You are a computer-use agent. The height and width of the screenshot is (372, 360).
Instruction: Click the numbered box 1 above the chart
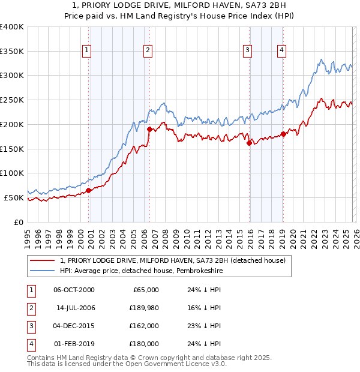pos(88,51)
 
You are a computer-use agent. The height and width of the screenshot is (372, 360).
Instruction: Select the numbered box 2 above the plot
pos(148,51)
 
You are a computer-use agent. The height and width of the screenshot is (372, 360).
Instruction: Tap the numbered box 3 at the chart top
pos(247,51)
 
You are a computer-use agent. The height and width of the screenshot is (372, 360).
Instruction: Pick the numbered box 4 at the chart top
pos(281,51)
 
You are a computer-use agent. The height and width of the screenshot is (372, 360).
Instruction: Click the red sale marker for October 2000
pos(88,190)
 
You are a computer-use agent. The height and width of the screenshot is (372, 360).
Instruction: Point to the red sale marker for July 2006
pos(149,128)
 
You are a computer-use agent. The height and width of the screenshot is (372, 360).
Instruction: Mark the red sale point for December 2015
pos(249,143)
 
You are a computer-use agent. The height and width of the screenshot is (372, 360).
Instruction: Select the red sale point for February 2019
pos(283,134)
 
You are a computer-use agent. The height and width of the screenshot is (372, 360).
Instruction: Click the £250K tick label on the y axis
pos(12,100)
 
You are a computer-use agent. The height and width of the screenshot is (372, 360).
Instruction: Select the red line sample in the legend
pos(43,260)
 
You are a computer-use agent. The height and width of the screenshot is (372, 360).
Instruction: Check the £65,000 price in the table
pos(145,290)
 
